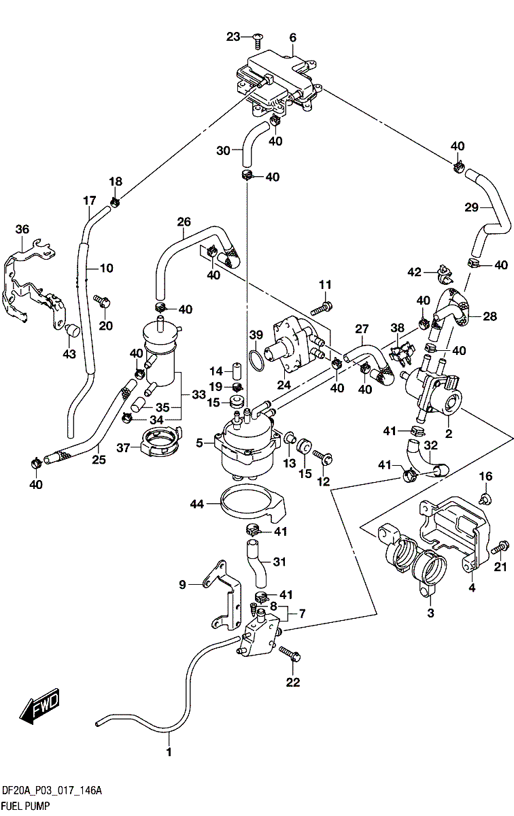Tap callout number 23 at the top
coord(234,36)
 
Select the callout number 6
coord(293,37)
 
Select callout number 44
coord(197,503)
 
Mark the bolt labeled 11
coord(326,307)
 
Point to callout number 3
coord(430,614)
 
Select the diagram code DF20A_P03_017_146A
coord(52,790)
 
